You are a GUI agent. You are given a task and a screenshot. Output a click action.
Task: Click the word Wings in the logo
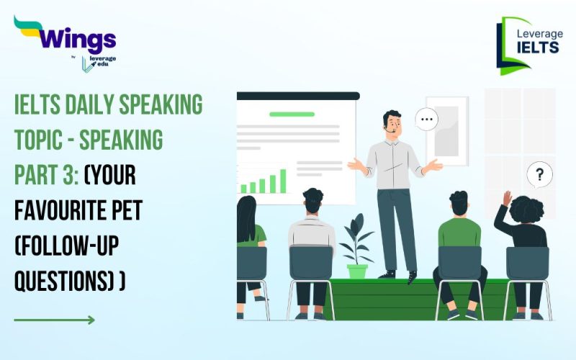(x=76, y=37)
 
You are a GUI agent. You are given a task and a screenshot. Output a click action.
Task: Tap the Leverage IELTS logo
(x=526, y=45)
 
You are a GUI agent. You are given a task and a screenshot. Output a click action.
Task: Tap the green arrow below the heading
(x=54, y=320)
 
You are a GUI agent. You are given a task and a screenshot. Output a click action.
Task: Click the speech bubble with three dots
(x=426, y=119)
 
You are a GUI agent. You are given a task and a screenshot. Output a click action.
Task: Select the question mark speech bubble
(x=539, y=174)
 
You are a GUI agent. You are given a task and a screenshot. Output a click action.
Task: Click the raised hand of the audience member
(x=507, y=197)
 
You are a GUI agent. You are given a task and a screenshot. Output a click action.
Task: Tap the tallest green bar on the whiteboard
(x=282, y=181)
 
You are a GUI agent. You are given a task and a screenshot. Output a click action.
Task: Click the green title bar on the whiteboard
(x=292, y=114)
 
